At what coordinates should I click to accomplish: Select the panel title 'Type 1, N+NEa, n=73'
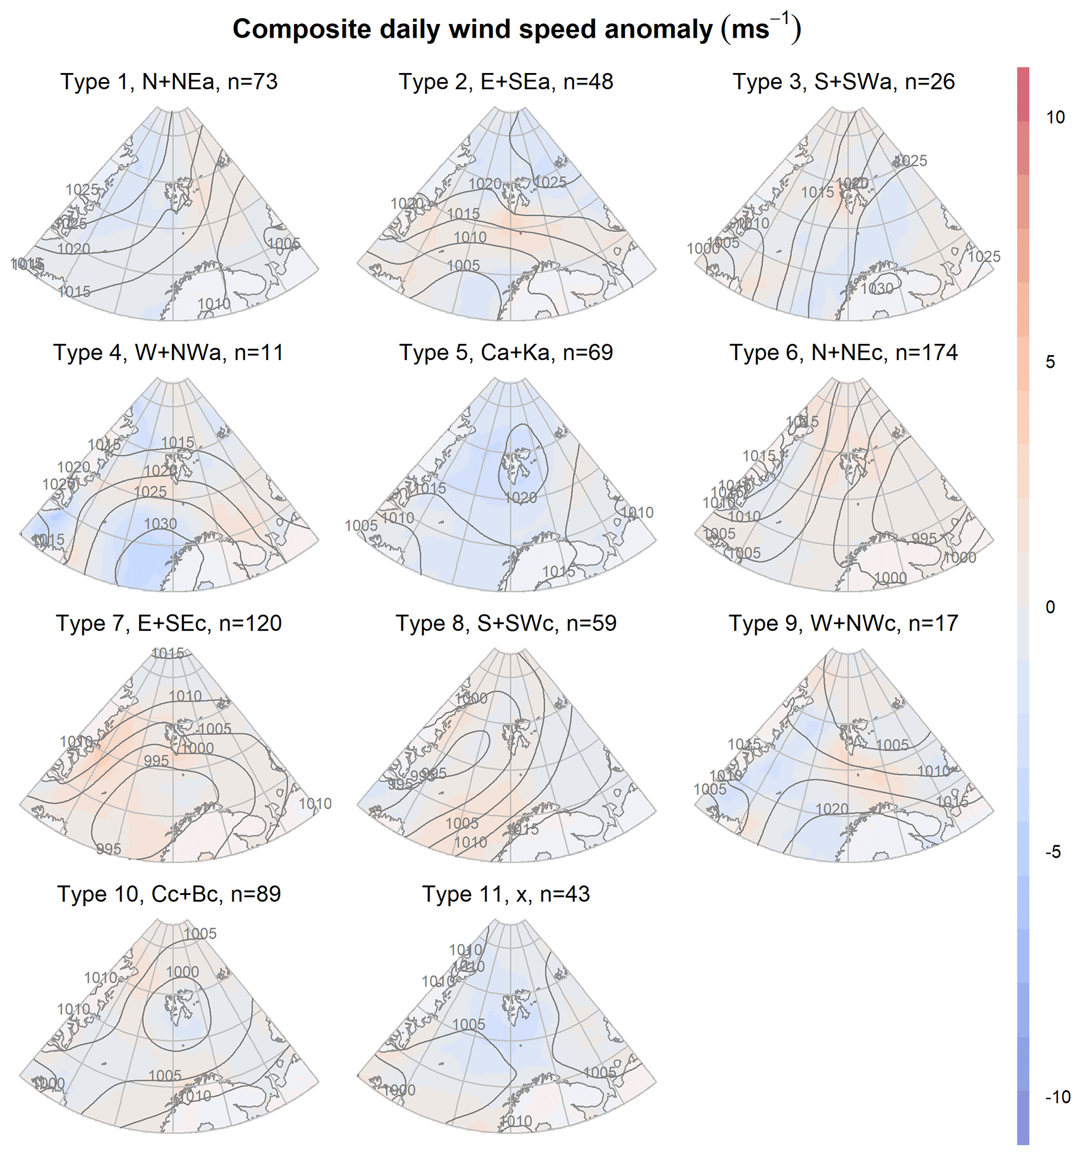click(x=169, y=81)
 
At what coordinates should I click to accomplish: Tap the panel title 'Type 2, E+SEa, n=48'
click(x=506, y=81)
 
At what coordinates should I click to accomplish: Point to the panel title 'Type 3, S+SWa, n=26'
click(x=844, y=81)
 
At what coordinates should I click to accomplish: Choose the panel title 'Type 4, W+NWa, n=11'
click(x=168, y=352)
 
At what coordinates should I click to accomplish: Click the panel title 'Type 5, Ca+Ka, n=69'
click(x=506, y=352)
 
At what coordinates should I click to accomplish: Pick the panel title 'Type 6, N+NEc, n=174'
click(x=844, y=352)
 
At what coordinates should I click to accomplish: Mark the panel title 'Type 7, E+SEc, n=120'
click(x=169, y=623)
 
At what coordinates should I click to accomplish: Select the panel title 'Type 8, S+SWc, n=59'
click(x=506, y=623)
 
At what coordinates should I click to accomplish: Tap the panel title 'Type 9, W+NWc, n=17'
click(x=844, y=623)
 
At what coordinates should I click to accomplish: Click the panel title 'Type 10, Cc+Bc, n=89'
click(x=169, y=894)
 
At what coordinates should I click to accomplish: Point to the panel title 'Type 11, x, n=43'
click(x=506, y=894)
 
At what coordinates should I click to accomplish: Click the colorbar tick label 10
click(x=1056, y=117)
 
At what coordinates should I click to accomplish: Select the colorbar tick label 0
click(x=1050, y=607)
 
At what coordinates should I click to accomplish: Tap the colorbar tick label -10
click(x=1058, y=1097)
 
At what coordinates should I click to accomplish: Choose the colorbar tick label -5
click(x=1053, y=852)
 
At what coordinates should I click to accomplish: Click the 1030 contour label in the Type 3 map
click(x=877, y=289)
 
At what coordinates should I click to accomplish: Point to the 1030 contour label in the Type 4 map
click(x=161, y=523)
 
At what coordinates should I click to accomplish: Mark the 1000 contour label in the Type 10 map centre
click(x=182, y=972)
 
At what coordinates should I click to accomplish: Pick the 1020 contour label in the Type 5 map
click(x=521, y=497)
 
